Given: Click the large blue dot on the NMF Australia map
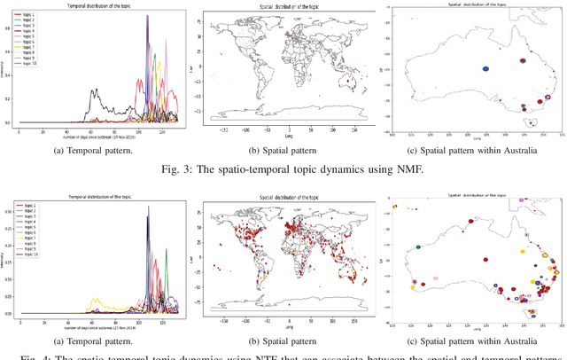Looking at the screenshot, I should click(x=485, y=67).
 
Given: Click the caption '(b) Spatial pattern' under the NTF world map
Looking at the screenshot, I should click(x=283, y=341).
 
